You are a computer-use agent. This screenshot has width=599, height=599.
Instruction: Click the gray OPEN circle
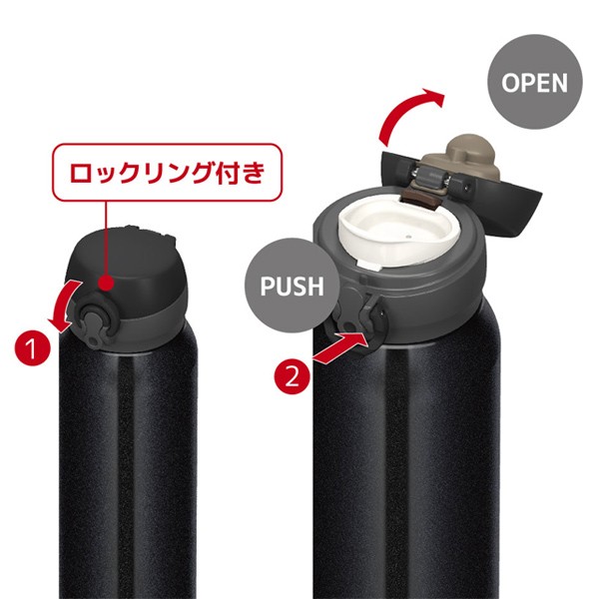534,81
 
